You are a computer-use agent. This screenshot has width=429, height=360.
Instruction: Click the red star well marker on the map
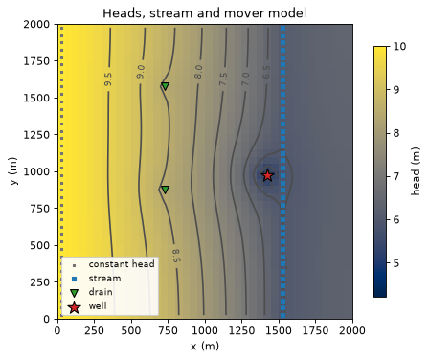click(x=267, y=175)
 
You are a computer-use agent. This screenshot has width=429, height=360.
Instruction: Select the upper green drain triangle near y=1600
click(x=165, y=86)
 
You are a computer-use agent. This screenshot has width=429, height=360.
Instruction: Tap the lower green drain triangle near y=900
click(x=165, y=190)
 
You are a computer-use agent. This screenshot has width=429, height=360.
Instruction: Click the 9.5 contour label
click(x=108, y=79)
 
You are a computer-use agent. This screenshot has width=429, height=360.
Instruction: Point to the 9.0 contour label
click(x=141, y=72)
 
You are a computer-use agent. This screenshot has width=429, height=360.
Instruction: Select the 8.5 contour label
click(x=176, y=256)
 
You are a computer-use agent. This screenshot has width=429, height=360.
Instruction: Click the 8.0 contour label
click(x=198, y=72)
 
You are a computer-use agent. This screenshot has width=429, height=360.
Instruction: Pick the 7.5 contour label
click(x=223, y=79)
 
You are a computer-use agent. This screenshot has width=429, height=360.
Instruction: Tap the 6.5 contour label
click(x=266, y=72)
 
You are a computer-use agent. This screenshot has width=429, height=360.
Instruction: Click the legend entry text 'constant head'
click(x=122, y=264)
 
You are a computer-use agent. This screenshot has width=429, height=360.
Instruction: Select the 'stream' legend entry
click(x=104, y=279)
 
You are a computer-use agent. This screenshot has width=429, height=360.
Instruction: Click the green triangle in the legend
click(x=74, y=293)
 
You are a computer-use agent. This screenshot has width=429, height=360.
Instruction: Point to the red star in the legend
click(x=74, y=307)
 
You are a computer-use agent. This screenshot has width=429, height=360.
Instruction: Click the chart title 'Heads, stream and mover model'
click(x=205, y=13)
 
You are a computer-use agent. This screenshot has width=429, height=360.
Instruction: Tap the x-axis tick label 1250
click(x=242, y=330)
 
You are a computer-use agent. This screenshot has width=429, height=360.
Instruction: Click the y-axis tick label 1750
click(x=36, y=61)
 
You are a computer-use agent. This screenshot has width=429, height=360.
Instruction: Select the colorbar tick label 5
click(x=395, y=263)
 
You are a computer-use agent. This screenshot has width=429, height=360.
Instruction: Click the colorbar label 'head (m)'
click(x=415, y=171)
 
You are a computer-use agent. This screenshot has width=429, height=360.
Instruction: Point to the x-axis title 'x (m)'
click(x=205, y=346)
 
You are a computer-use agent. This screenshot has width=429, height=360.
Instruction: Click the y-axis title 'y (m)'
click(x=13, y=171)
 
